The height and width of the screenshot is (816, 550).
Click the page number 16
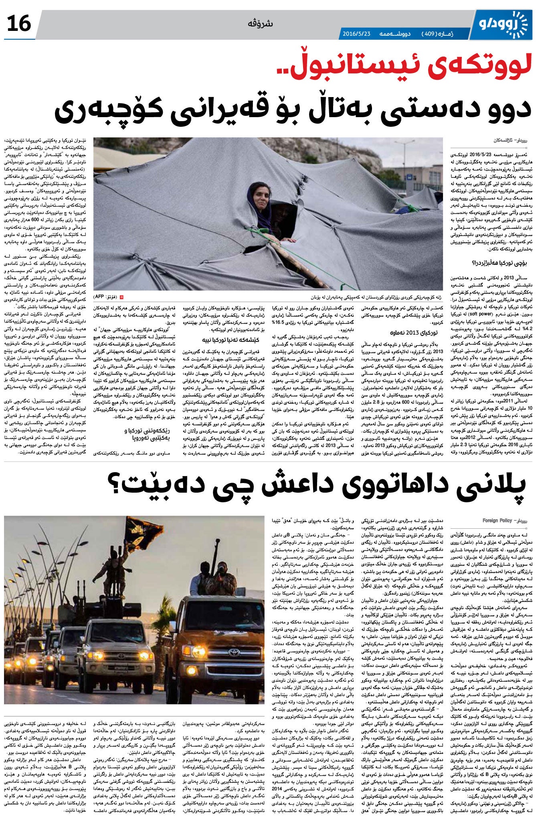(x=19, y=24)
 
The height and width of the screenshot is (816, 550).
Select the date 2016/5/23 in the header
(x=357, y=34)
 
